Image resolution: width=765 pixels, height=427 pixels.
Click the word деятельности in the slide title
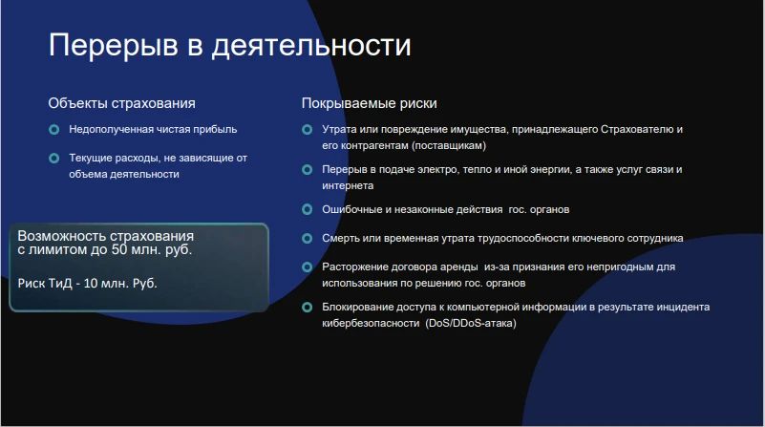311,46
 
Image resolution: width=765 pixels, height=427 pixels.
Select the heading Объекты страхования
121,103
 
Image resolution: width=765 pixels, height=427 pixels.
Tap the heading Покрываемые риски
369,103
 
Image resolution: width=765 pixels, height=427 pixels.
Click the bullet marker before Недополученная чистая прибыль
54,129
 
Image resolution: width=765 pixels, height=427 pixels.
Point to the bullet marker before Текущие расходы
54,159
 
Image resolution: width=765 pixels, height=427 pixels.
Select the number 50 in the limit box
119,250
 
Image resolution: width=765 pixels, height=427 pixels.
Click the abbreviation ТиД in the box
60,283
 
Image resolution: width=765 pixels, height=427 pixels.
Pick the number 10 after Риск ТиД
91,283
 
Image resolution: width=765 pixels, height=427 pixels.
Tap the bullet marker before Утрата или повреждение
307,129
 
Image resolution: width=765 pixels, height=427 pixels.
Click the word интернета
348,185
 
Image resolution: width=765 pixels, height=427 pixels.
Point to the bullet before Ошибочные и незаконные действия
307,209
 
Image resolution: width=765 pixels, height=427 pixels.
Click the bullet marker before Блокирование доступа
307,307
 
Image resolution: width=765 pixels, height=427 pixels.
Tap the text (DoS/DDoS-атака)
471,323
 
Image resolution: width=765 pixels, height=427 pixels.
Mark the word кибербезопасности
371,323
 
